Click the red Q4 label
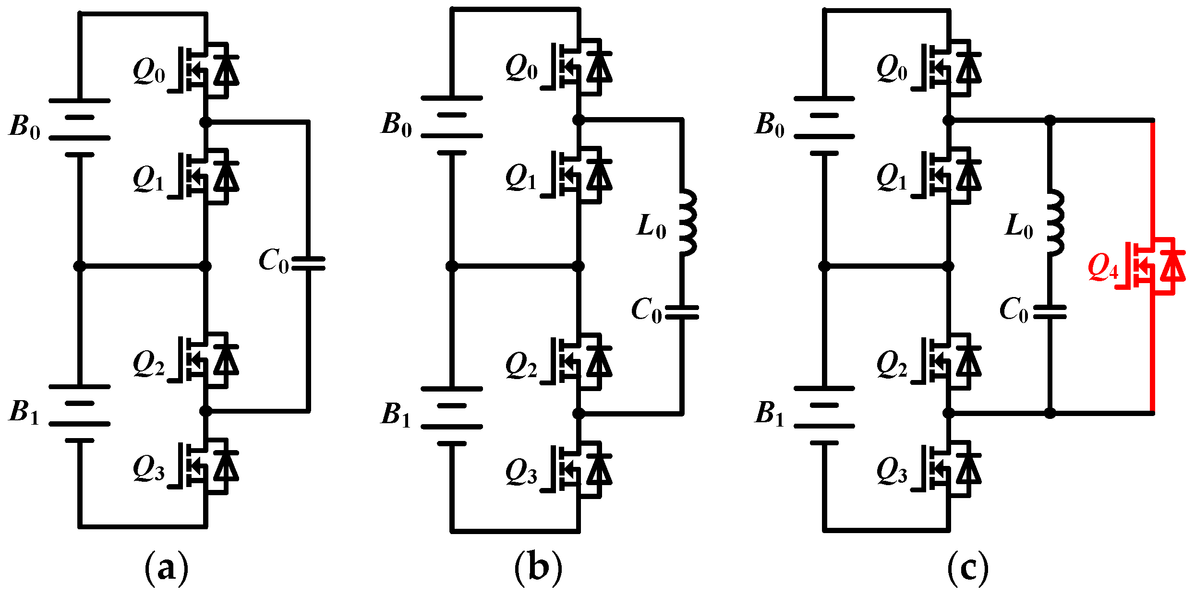pos(1103,267)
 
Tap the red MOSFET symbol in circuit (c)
pos(1155,266)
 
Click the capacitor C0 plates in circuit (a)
pos(308,263)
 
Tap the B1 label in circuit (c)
pos(769,414)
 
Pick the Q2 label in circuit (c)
pos(892,364)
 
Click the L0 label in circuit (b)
pos(652,226)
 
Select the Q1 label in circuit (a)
pos(148,179)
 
